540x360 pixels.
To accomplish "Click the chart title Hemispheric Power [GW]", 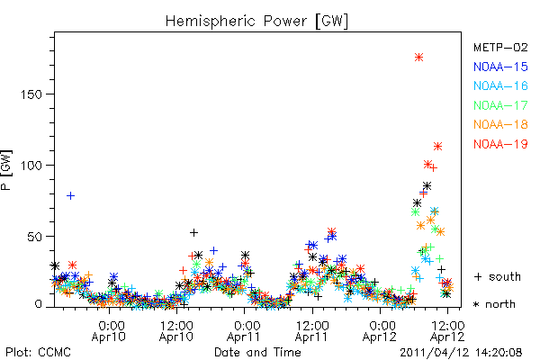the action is coord(256,22).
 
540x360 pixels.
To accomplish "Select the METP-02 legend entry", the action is coord(500,47).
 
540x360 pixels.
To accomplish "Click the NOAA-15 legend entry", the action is coord(500,67).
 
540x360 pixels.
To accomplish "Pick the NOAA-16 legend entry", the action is coord(500,85).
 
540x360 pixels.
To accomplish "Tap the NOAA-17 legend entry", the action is coord(500,105).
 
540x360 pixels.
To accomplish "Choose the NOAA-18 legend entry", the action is coord(500,124).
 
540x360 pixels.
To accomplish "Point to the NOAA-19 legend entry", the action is coord(500,144).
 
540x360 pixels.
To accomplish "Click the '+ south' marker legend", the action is coord(497,276).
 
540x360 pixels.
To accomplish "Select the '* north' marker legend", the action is coord(494,304).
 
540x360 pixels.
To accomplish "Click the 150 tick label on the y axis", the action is coord(31,94).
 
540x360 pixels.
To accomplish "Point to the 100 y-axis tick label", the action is coord(31,166).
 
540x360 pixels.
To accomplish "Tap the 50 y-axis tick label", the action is coord(35,237).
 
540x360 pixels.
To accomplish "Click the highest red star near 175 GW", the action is coord(418,58).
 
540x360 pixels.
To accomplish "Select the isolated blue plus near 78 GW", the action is coord(70,195).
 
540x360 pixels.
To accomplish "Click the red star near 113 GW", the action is coord(437,146).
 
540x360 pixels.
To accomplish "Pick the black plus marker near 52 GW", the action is coord(193,232).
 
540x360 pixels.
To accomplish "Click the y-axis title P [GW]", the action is coord(6,170).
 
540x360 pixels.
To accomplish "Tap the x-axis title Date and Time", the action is coord(257,352).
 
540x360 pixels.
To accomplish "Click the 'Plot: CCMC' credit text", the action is coord(38,352).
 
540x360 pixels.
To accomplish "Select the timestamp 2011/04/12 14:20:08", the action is coord(461,353).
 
